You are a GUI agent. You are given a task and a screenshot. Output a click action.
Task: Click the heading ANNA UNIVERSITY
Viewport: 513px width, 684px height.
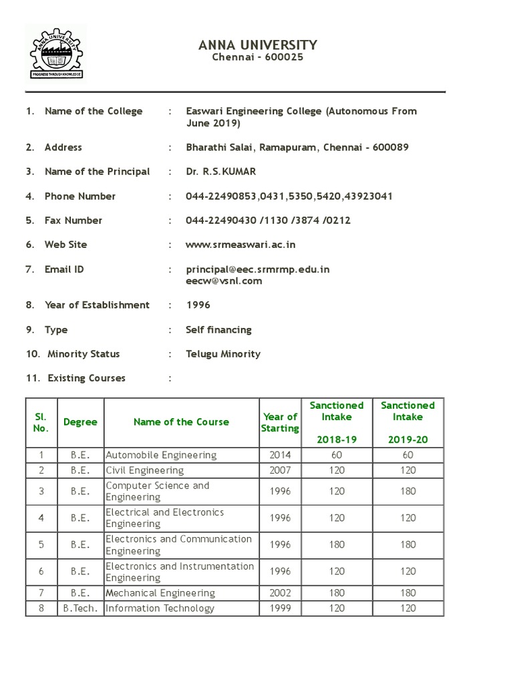[258, 45]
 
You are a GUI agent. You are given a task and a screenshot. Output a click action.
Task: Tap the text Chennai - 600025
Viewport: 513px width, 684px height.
[258, 57]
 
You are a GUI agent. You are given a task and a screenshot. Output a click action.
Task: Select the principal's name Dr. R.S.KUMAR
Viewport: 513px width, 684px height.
[221, 172]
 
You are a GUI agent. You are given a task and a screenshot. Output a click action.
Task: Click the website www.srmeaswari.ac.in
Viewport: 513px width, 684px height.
[240, 244]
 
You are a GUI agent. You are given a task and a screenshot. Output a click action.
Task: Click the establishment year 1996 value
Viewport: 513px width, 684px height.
[198, 305]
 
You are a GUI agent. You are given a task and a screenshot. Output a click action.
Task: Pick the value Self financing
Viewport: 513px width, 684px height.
[219, 330]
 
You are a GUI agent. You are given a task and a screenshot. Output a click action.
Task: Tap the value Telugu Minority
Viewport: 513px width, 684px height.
[223, 354]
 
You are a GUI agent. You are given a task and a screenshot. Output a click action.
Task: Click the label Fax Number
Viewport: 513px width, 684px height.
[73, 220]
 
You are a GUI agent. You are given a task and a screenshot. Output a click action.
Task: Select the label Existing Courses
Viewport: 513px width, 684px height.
[86, 378]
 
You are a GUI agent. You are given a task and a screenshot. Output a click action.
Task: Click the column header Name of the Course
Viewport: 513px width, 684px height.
[181, 422]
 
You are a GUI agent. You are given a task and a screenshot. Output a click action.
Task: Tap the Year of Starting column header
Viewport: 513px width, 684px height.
[280, 422]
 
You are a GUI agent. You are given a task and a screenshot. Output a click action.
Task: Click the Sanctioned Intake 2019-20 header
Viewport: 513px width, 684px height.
[407, 422]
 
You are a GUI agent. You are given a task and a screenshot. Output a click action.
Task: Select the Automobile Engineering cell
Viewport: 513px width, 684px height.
[162, 455]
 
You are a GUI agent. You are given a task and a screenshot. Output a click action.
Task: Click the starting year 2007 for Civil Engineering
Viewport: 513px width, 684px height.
[280, 470]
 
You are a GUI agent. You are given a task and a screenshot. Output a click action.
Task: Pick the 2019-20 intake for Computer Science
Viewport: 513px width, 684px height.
[407, 492]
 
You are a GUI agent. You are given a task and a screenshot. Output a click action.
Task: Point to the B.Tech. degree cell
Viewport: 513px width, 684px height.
[80, 609]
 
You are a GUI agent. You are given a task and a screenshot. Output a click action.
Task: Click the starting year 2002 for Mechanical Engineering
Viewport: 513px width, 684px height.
[280, 593]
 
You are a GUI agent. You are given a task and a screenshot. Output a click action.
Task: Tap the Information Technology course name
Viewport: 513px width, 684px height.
[160, 609]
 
